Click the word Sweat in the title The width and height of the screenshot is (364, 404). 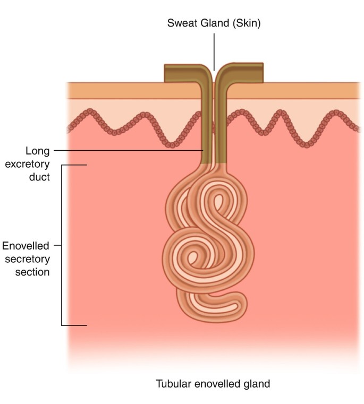179,23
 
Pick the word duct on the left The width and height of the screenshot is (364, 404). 40,177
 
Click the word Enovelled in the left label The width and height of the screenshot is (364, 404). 26,246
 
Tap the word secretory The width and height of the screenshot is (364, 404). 29,259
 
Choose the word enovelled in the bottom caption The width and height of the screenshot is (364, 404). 214,383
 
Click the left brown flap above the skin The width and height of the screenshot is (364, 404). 181,73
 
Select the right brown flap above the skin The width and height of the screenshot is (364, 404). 244,73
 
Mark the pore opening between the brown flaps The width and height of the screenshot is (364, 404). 214,74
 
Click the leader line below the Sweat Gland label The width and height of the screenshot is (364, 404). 214,50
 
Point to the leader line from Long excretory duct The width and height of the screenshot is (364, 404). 128,150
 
